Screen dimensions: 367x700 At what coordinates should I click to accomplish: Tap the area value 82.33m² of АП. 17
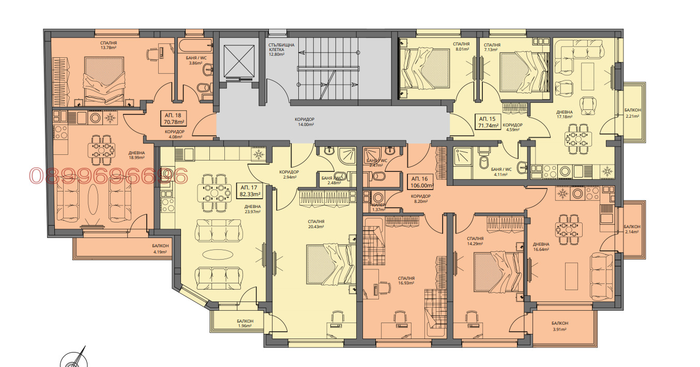[250, 194]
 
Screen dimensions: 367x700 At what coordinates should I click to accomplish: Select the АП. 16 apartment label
[420, 178]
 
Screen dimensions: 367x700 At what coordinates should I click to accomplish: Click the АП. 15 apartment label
[488, 118]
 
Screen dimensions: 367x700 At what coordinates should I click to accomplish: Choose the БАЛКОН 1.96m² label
[245, 323]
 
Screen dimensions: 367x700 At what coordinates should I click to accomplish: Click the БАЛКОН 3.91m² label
[559, 326]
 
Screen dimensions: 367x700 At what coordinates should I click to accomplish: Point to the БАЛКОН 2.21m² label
[632, 113]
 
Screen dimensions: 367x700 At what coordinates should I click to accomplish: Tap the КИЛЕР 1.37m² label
[378, 207]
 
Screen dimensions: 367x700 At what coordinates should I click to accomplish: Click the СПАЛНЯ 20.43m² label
[315, 224]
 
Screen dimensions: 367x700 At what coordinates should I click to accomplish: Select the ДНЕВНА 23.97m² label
[253, 209]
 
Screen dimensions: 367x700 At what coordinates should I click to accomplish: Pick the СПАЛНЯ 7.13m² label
[492, 47]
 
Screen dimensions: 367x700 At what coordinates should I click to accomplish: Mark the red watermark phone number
[108, 177]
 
